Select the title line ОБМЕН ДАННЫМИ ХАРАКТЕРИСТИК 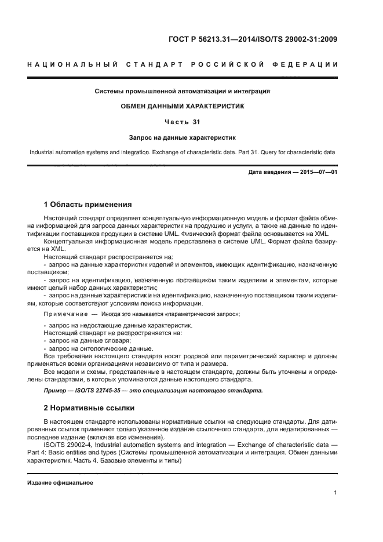pyautogui.click(x=183, y=106)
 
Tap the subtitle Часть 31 pyautogui.click(x=183, y=122)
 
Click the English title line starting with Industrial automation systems pyautogui.click(x=183, y=152)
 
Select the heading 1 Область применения pyautogui.click(x=87, y=205)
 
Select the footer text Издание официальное pyautogui.click(x=60, y=482)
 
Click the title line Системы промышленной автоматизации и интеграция pyautogui.click(x=183, y=91)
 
